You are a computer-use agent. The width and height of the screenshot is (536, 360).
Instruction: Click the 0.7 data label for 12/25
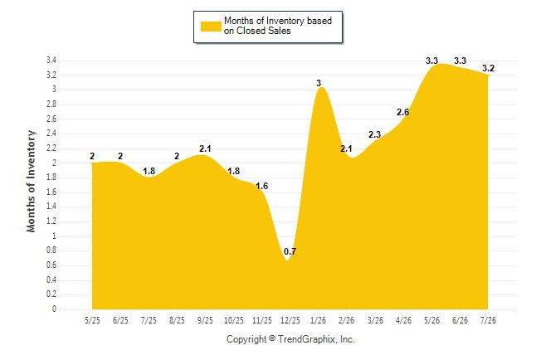(290, 251)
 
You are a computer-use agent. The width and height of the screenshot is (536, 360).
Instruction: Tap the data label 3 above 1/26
(319, 83)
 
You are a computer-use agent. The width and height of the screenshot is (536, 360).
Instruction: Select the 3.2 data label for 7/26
(488, 68)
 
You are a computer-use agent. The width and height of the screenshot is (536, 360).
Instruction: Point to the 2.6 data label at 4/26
(402, 112)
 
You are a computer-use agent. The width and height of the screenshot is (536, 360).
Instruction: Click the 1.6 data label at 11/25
(262, 186)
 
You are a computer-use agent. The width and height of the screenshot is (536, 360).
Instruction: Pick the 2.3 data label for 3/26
(375, 134)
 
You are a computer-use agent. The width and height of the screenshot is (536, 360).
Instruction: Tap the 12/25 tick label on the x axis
(290, 320)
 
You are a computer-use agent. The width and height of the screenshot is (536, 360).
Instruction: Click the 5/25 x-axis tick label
(92, 320)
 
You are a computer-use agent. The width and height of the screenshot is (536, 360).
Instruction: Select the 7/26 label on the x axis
(488, 320)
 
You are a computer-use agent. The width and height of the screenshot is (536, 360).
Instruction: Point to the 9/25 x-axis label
(205, 320)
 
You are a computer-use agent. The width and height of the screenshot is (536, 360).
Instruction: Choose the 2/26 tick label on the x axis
(347, 320)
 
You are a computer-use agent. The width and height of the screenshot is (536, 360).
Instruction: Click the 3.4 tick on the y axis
(51, 61)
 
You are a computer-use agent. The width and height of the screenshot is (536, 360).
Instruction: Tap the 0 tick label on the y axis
(54, 309)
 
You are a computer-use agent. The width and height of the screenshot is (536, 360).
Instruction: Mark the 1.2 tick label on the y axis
(51, 221)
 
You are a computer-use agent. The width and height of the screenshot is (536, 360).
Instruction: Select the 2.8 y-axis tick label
(51, 105)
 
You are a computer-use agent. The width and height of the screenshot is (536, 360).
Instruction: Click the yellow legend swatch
(211, 27)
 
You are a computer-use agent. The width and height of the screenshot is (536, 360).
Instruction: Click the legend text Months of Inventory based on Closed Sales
(278, 26)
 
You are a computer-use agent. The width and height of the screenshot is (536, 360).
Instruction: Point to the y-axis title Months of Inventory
(31, 181)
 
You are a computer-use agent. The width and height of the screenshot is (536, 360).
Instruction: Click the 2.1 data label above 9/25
(205, 148)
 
